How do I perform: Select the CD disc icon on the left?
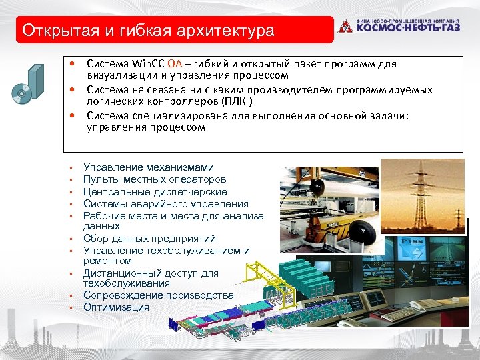pos(21,94)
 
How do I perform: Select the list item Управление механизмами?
pos(149,168)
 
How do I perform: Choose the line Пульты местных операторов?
pos(155,180)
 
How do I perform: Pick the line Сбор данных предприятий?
pos(150,239)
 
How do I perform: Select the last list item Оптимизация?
pos(116,307)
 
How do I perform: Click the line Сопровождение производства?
pos(158,295)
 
